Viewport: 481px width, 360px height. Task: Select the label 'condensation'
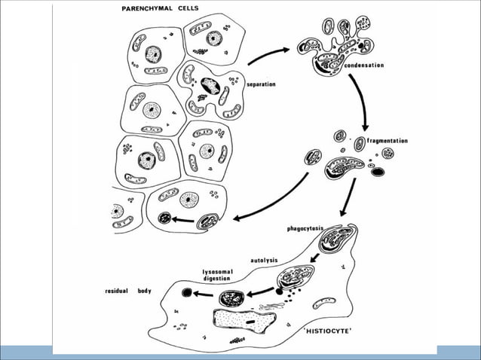(363, 66)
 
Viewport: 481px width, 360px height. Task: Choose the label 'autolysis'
(265, 261)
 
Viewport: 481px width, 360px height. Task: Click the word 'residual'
(118, 290)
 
